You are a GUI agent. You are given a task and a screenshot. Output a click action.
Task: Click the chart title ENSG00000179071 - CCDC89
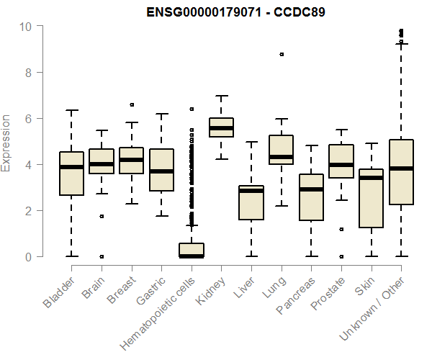coord(235,12)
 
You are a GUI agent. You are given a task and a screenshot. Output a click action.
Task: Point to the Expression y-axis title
coord(6,143)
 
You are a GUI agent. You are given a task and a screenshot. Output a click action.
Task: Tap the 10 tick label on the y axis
coord(26,27)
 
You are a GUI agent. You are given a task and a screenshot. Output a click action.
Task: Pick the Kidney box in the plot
coord(221,127)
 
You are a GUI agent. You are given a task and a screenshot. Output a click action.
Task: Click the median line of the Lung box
coord(281,157)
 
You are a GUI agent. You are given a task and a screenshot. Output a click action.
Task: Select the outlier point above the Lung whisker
coord(281,54)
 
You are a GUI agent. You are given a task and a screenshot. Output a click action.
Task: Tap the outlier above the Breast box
coord(132,105)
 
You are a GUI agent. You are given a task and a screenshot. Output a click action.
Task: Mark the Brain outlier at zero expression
coord(102,256)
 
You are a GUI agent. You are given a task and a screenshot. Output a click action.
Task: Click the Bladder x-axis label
coord(58,292)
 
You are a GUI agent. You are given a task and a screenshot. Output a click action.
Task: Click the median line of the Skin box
coord(371,178)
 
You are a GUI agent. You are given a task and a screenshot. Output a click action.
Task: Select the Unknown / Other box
coord(401,172)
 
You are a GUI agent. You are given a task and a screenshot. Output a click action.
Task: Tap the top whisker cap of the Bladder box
coord(71,110)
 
